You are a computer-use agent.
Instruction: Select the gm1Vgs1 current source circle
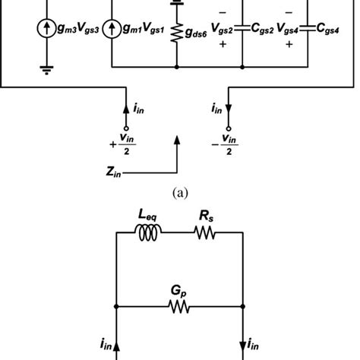[111, 29]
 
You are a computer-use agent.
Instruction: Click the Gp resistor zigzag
[177, 308]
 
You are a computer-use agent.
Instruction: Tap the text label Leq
[150, 218]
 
